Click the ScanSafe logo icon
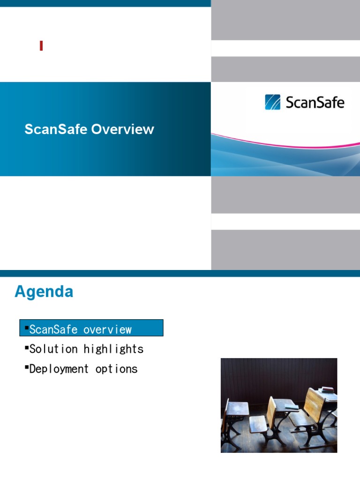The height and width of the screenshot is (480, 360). [x=272, y=102]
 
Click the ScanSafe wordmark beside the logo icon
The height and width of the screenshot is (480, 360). [x=315, y=102]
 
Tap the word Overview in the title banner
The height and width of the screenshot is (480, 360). [x=123, y=129]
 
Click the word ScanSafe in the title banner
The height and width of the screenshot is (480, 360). [x=56, y=129]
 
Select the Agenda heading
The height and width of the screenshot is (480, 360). [x=44, y=292]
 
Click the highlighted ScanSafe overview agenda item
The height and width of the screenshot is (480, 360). [x=91, y=329]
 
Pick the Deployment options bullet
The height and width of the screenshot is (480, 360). [x=82, y=369]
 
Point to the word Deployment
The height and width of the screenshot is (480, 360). [x=59, y=369]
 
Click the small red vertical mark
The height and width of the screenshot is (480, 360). [x=41, y=46]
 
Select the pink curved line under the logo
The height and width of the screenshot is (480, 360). [x=281, y=139]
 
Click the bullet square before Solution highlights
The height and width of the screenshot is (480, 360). [x=26, y=348]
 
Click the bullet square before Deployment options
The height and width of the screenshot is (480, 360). [x=26, y=368]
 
